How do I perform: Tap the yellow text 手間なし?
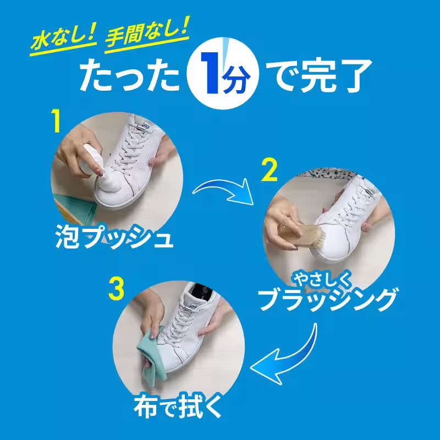147,34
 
